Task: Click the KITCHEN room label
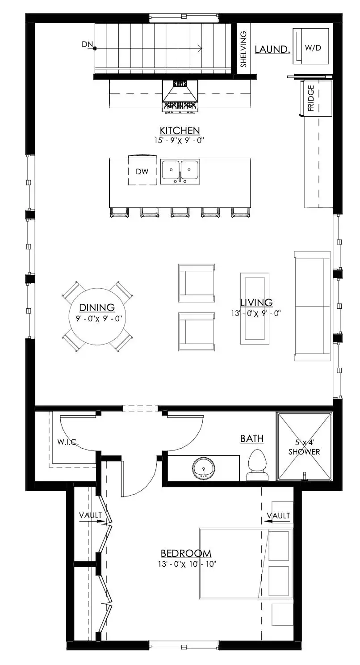[x=180, y=130]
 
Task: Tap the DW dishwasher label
[x=142, y=171]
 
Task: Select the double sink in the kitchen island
[x=180, y=172]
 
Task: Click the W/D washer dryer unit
[x=311, y=46]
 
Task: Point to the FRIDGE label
[x=311, y=98]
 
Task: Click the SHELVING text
[x=243, y=49]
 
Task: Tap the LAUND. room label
[x=272, y=49]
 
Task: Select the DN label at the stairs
[x=87, y=44]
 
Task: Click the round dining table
[x=97, y=316]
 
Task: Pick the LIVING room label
[x=256, y=303]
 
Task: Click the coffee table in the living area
[x=255, y=308]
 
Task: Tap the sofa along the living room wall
[x=312, y=306]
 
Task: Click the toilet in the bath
[x=257, y=465]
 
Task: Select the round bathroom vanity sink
[x=203, y=468]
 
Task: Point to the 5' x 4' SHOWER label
[x=304, y=447]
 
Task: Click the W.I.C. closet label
[x=68, y=442]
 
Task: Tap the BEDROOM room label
[x=186, y=554]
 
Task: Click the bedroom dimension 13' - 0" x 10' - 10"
[x=187, y=564]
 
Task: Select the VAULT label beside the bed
[x=278, y=516]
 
